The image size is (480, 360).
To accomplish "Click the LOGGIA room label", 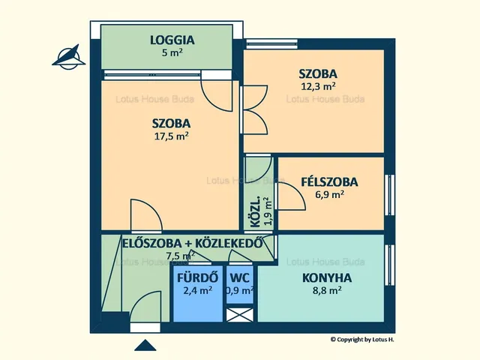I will click(172, 40).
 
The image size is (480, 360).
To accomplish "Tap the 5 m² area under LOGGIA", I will click(172, 53).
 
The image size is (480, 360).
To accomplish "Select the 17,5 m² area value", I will click(171, 136).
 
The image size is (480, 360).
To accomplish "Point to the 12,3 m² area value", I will click(318, 86).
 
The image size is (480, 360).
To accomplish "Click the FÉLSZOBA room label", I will click(329, 181).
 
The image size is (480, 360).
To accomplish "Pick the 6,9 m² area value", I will click(329, 194).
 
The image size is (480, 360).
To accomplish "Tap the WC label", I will click(240, 276).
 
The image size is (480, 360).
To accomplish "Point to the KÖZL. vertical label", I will click(255, 212).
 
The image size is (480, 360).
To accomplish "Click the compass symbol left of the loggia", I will click(70, 55).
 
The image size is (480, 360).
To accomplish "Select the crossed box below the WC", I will click(240, 314).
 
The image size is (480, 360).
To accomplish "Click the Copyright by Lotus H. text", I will click(362, 340).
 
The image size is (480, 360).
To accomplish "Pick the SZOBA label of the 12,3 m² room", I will click(318, 73).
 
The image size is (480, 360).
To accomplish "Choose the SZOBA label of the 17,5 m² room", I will click(171, 123).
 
